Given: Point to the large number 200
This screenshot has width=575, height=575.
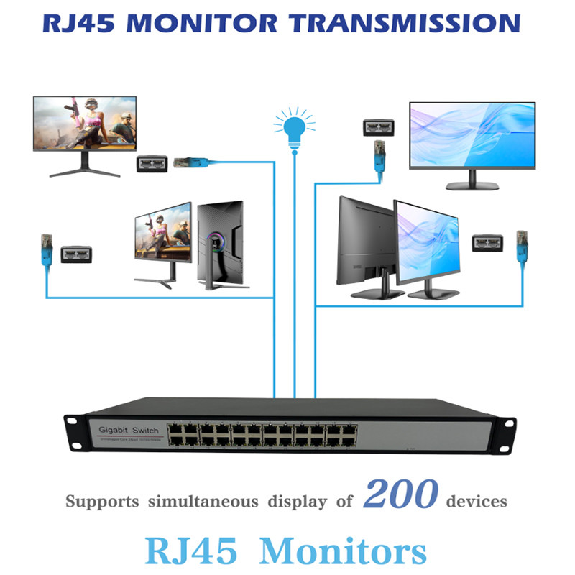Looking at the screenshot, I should [x=400, y=494].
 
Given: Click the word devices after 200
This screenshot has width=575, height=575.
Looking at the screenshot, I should [x=477, y=500].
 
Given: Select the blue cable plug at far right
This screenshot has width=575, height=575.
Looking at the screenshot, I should [x=523, y=246].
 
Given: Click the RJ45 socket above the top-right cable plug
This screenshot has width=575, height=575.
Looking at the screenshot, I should [x=378, y=128].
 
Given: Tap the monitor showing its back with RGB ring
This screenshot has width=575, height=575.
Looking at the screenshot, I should [x=221, y=244].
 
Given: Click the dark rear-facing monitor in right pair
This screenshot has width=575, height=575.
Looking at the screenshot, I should [x=367, y=241].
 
